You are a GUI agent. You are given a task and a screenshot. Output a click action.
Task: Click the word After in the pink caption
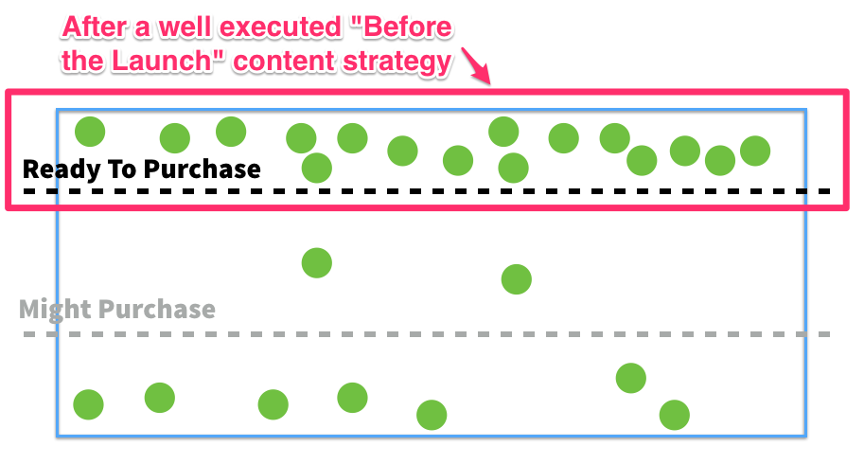point(95,27)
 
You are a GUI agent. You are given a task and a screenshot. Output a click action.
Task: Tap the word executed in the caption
point(280,27)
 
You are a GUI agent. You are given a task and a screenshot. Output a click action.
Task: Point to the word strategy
point(397,62)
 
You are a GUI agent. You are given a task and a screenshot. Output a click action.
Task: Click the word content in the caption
point(285,62)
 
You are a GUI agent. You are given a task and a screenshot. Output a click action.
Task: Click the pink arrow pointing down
point(476,66)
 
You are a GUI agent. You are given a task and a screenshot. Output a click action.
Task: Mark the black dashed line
point(427,191)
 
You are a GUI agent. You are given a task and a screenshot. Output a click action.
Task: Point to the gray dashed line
point(427,334)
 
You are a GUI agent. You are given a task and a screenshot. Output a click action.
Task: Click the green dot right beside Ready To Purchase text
point(317,168)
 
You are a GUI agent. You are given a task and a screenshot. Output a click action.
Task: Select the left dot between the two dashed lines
point(317,263)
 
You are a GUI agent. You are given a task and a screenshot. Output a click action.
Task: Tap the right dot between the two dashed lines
point(517,279)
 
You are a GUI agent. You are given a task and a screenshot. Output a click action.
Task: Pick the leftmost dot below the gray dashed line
point(88,404)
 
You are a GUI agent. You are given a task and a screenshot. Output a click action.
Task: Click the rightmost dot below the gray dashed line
point(675,415)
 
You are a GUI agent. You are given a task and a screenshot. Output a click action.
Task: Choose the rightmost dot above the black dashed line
point(755,151)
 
